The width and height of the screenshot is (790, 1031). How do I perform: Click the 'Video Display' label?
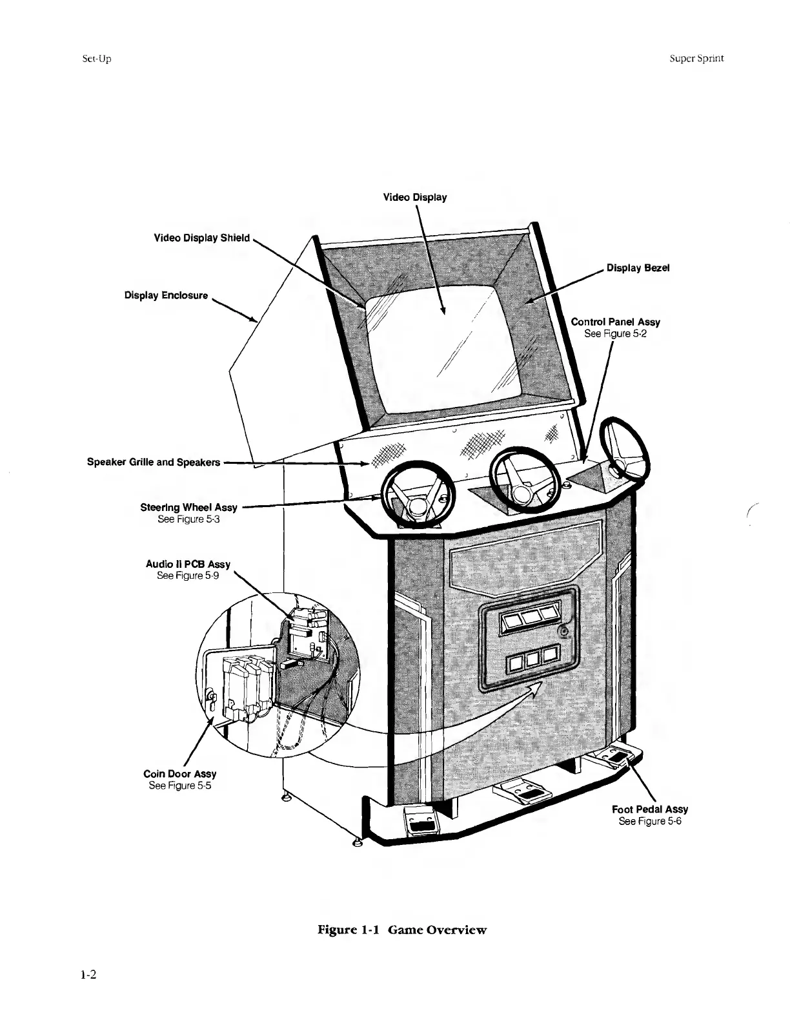(414, 197)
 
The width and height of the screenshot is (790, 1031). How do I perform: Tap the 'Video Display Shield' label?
(201, 238)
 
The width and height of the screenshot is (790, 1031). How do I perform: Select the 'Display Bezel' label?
(638, 268)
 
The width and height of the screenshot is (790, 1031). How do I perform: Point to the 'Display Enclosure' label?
(166, 295)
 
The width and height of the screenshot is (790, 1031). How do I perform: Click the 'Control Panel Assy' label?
(615, 322)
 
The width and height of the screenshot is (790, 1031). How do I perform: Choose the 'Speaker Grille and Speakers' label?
(154, 463)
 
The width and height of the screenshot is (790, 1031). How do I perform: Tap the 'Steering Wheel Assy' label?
(188, 508)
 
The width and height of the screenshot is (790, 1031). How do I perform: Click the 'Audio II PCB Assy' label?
(188, 564)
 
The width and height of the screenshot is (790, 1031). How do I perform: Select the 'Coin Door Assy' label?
(179, 774)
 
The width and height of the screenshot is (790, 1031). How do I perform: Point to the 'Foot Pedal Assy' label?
(650, 809)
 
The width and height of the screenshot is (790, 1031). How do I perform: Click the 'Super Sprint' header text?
(696, 58)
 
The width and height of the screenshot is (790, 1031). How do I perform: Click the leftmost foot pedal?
(420, 821)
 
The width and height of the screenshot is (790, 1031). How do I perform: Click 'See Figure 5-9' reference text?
(188, 576)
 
